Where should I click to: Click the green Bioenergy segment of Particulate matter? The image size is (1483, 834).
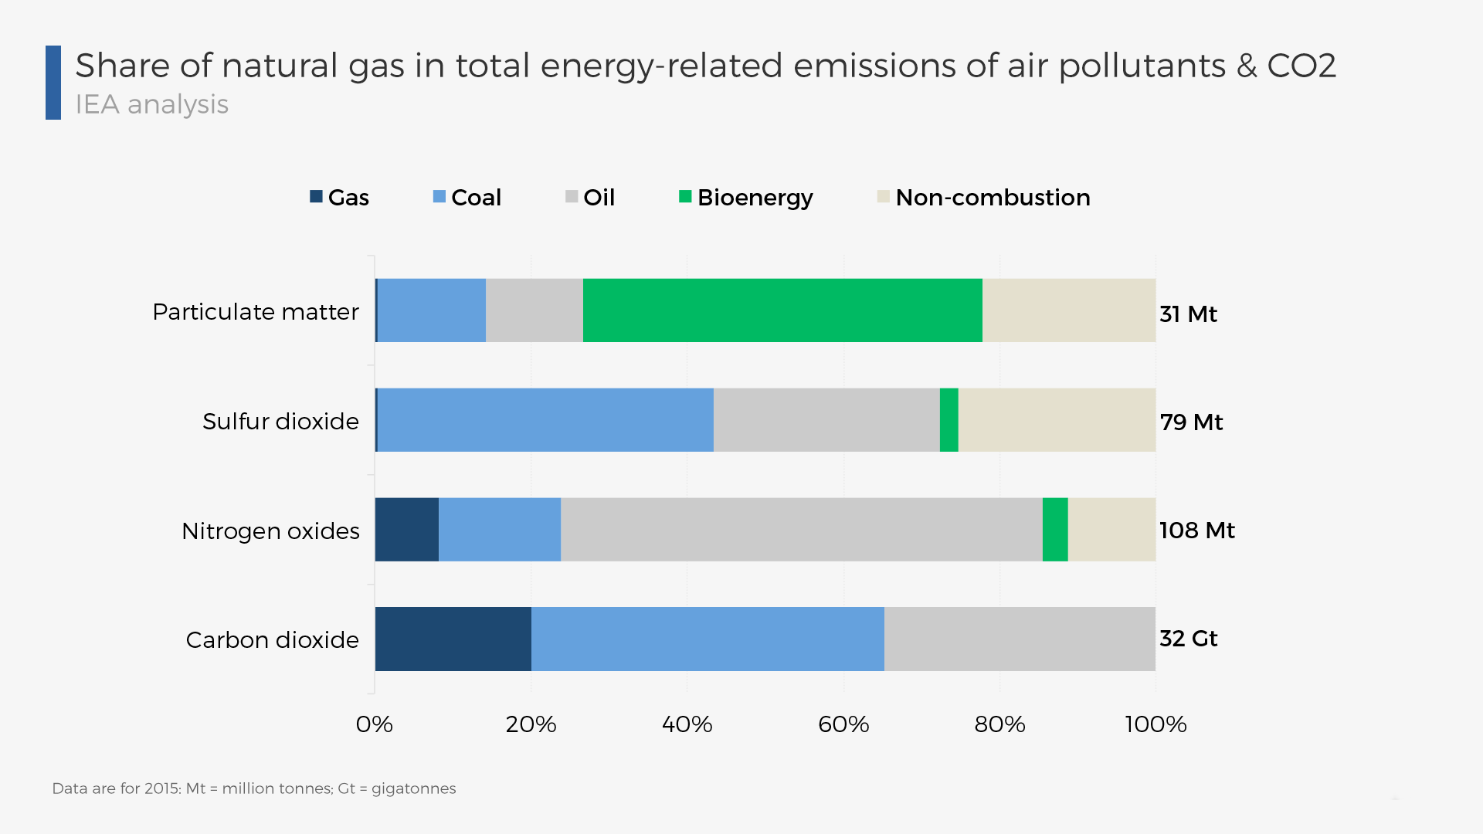pyautogui.click(x=782, y=310)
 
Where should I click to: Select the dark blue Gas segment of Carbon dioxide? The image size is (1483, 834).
pyautogui.click(x=453, y=639)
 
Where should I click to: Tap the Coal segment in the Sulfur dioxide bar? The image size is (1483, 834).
pyautogui.click(x=545, y=420)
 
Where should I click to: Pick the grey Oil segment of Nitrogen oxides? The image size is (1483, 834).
pyautogui.click(x=801, y=530)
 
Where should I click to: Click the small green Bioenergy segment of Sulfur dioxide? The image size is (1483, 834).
pyautogui.click(x=949, y=420)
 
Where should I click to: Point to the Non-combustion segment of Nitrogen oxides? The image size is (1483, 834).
pyautogui.click(x=1111, y=530)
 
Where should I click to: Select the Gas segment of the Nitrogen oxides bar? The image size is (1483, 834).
pyautogui.click(x=406, y=530)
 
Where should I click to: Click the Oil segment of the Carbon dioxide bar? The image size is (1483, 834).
pyautogui.click(x=1019, y=639)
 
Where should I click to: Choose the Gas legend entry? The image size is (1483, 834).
pyautogui.click(x=339, y=198)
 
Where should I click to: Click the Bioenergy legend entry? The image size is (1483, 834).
pyautogui.click(x=745, y=198)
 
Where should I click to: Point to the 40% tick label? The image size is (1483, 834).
pyautogui.click(x=687, y=724)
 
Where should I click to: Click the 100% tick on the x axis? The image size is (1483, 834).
pyautogui.click(x=1155, y=724)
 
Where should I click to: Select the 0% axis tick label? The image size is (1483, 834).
pyautogui.click(x=375, y=724)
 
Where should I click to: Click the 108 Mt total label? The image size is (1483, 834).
pyautogui.click(x=1196, y=531)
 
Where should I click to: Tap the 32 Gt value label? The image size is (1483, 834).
pyautogui.click(x=1188, y=639)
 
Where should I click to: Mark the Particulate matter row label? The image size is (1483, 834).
pyautogui.click(x=256, y=312)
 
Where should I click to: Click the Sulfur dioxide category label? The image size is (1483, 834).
pyautogui.click(x=280, y=422)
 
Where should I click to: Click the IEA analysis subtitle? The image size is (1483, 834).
pyautogui.click(x=152, y=104)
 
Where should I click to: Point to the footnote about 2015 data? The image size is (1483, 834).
pyautogui.click(x=253, y=788)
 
